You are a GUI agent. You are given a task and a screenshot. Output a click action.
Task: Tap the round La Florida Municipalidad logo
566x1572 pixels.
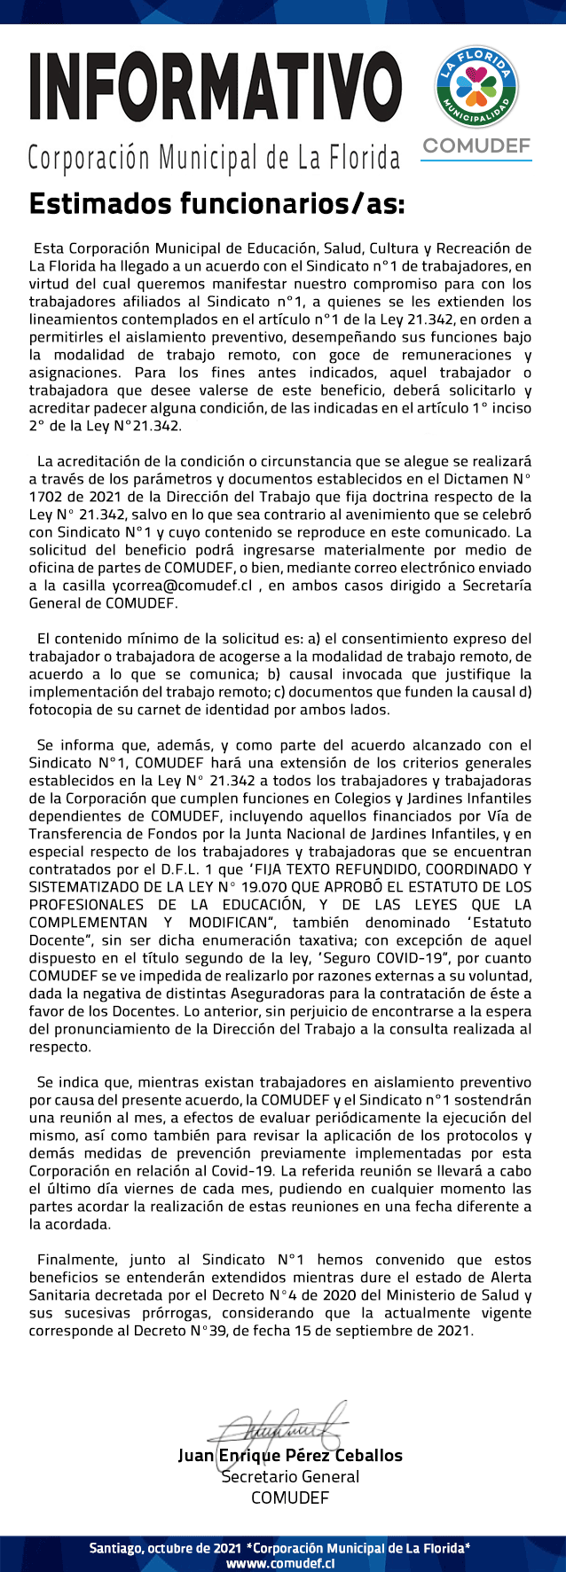(476, 87)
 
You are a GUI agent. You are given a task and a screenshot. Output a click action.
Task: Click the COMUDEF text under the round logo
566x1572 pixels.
(476, 145)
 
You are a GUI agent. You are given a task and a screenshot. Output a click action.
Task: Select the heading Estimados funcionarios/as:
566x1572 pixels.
(216, 204)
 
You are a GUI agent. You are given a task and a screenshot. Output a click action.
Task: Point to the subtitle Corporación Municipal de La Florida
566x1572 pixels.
(214, 159)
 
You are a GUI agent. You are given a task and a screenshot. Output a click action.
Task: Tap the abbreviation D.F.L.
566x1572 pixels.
(196, 869)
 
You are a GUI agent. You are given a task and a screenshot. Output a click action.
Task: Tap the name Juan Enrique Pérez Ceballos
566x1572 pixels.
(290, 1456)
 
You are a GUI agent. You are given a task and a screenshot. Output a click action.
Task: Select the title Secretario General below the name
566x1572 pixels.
(290, 1477)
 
